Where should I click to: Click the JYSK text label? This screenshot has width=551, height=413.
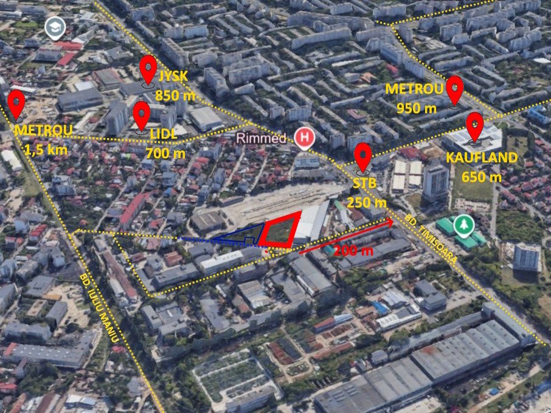(173, 77)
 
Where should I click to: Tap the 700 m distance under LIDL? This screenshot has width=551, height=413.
(165, 153)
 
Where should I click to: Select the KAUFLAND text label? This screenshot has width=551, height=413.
(482, 158)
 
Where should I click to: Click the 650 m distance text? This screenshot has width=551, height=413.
(482, 177)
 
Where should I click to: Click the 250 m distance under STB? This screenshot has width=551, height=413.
(367, 202)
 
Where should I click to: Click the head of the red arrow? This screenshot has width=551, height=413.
(390, 223)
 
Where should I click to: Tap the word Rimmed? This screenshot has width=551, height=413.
(262, 137)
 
